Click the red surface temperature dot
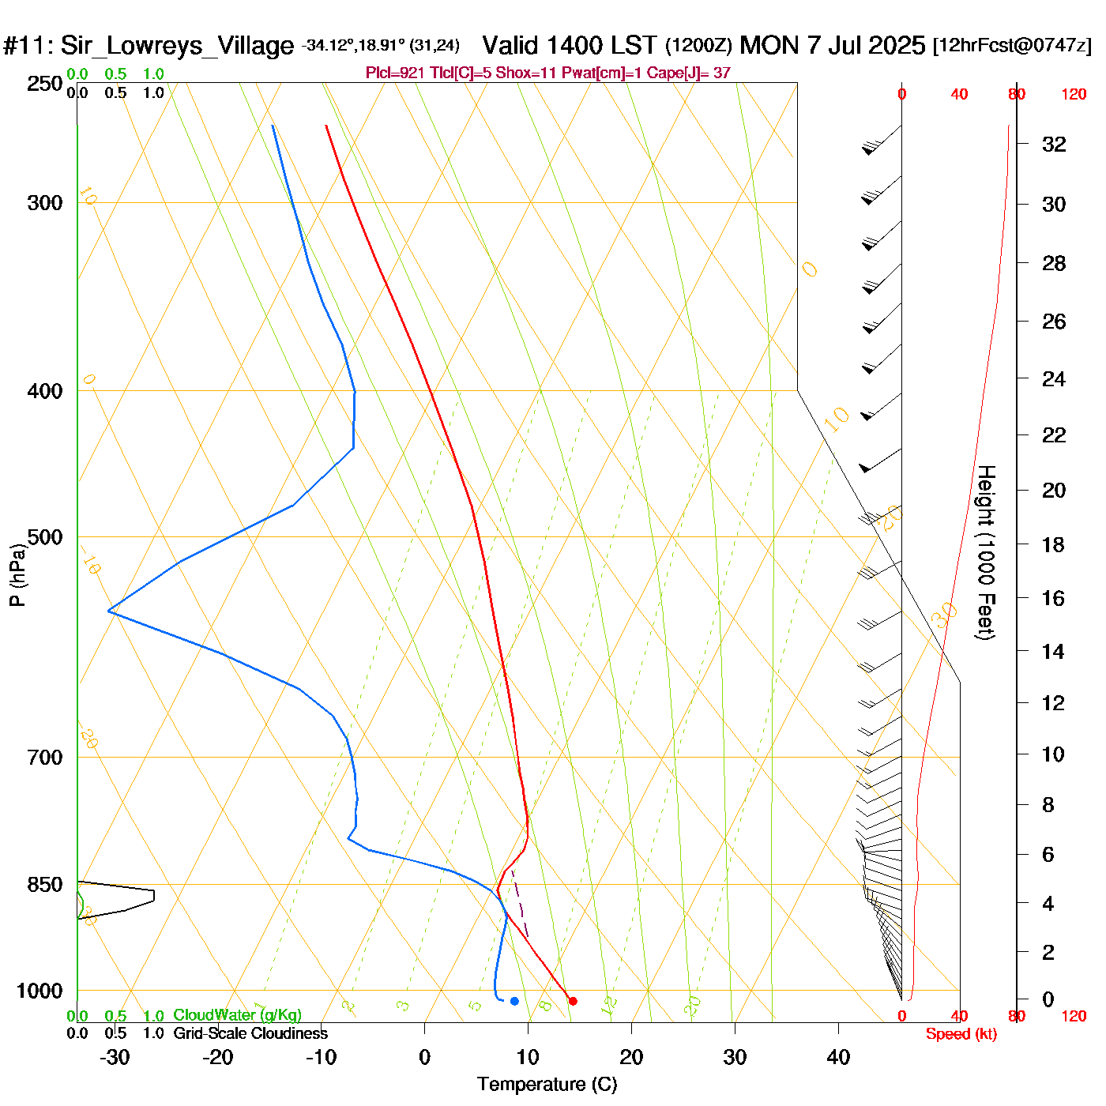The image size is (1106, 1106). [x=573, y=1001]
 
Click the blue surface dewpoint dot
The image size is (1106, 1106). [x=514, y=1001]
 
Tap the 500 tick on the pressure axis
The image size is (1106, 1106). [x=45, y=537]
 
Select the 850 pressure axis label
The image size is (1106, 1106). [x=45, y=885]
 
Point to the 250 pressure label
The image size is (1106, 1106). [x=45, y=84]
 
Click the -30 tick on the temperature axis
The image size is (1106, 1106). [x=115, y=1057]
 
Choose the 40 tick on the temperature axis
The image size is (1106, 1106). [x=838, y=1057]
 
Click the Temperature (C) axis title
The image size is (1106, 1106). [x=547, y=1084]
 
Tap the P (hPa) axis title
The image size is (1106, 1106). [x=17, y=574]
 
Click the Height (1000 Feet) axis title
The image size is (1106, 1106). [x=985, y=552]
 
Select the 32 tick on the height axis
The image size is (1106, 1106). [x=1054, y=144]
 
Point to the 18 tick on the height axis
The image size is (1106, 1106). [x=1053, y=544]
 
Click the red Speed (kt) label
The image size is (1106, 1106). [x=961, y=1034]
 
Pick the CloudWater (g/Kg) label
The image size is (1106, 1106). [x=237, y=1015]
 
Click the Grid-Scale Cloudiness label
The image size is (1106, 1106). [x=250, y=1033]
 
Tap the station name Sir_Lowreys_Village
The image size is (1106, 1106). [x=177, y=45]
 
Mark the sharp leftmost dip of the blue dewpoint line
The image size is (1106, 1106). [x=109, y=611]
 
